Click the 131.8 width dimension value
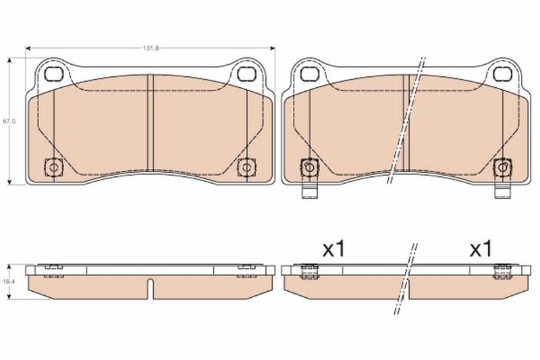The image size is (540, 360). click(x=151, y=48)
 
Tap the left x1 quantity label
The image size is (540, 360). click(x=333, y=249)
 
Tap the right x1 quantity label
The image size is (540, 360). click(x=481, y=249)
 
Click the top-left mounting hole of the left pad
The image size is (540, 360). click(x=54, y=74)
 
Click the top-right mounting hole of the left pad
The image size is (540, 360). click(x=246, y=74)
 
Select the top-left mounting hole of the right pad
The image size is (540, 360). click(x=309, y=74)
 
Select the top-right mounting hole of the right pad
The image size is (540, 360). click(x=501, y=74)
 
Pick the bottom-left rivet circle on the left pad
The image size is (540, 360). click(x=54, y=168)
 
